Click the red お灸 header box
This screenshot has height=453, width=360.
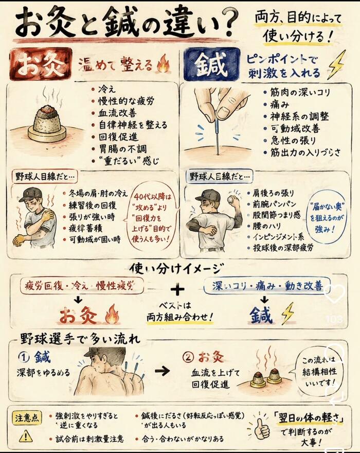(x=41, y=64)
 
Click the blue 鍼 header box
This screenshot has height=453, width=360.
(x=211, y=64)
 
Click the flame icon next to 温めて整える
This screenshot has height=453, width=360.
(x=163, y=64)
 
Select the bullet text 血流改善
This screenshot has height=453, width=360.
(x=117, y=113)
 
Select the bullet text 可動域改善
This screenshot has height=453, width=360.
(x=295, y=128)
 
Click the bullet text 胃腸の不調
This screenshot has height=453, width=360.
(x=123, y=149)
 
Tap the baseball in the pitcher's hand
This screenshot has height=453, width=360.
(x=231, y=199)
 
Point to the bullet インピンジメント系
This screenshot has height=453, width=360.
(x=279, y=237)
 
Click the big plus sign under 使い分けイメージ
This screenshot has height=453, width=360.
(x=177, y=289)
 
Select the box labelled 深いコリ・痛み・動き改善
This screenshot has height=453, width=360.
(x=267, y=286)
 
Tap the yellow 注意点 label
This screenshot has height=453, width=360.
(x=27, y=418)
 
